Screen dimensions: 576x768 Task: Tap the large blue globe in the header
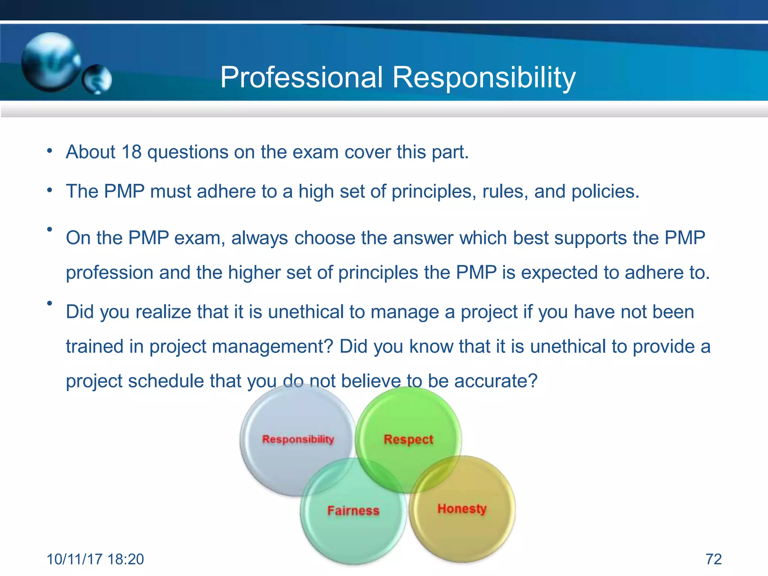51,62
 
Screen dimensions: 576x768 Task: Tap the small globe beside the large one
97,79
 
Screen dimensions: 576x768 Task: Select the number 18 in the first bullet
131,152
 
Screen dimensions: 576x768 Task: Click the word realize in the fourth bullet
163,312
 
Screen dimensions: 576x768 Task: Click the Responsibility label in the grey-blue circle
298,439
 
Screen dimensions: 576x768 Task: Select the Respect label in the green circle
408,439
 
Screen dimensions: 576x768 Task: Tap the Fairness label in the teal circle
353,510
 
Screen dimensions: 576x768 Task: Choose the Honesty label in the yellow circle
462,509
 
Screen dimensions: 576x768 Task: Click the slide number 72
714,559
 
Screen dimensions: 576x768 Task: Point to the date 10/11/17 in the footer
75,559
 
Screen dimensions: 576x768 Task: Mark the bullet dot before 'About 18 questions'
49,151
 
